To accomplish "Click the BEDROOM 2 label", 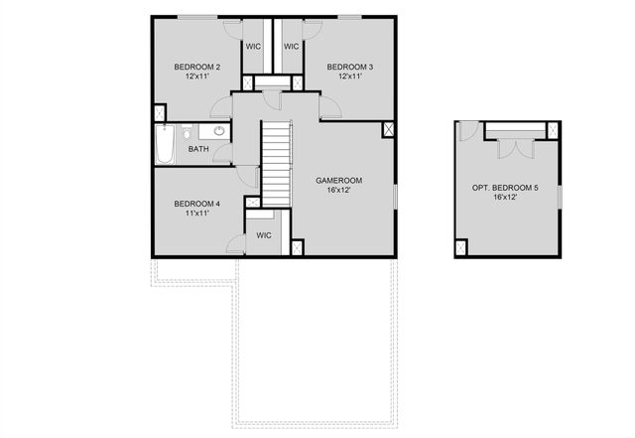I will coord(196,67).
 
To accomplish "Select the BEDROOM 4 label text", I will coord(196,204).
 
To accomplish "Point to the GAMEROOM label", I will coord(338,180).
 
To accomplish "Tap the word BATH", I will coord(198,149).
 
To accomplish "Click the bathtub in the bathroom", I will coord(166,145).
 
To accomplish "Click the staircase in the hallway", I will coord(277,164).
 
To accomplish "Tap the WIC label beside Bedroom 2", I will coord(253,46).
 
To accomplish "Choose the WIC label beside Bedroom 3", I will coord(292,46).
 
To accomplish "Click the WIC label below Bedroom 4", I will coord(264,235).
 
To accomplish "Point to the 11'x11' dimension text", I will coord(196,214).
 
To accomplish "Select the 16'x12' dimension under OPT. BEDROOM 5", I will coord(507,198).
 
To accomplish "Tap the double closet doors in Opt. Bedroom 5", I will coord(514,146).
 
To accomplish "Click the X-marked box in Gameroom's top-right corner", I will coord(388,129).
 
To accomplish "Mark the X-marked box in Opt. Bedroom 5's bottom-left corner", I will coord(461,247).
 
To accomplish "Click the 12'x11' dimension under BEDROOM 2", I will coord(196,76).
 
